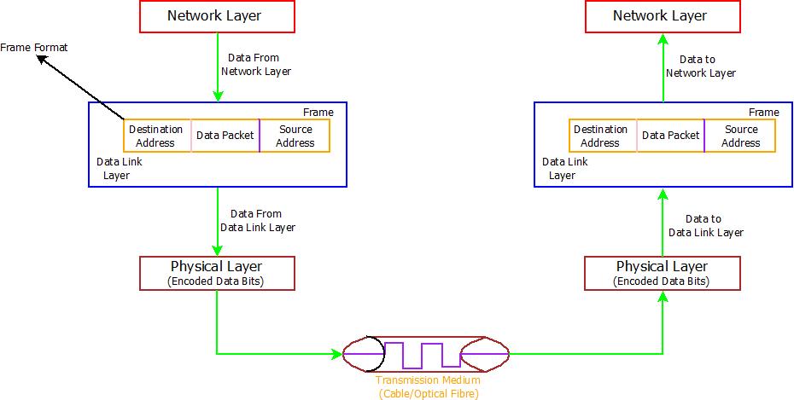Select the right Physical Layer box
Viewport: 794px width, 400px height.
coord(663,272)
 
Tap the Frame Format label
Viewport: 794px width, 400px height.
coord(33,48)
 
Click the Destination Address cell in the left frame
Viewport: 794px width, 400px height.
coord(156,136)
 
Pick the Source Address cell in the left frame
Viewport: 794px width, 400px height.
coord(295,136)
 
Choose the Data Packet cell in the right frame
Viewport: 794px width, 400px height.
coord(670,136)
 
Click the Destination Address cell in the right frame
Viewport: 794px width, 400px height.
coord(602,136)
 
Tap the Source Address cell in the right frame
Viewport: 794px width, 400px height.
coord(740,136)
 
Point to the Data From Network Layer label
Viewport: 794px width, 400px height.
coord(255,65)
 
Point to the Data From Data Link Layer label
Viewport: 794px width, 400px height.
coord(257,220)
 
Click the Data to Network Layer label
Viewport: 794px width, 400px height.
coord(701,67)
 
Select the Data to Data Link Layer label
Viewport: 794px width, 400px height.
coord(705,225)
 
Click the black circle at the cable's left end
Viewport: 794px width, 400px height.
coord(358,352)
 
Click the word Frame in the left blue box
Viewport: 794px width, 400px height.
coord(318,113)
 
